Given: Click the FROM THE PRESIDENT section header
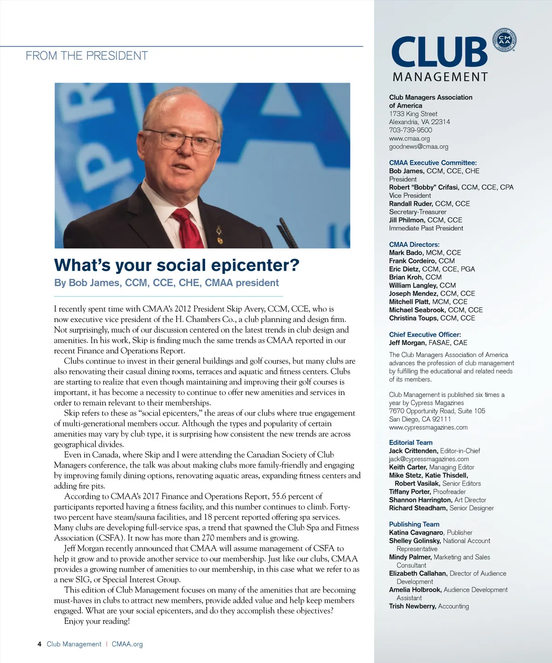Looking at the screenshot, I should coord(86,56).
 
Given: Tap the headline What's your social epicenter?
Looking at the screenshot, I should coord(177,265).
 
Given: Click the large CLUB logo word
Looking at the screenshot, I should coord(439,52).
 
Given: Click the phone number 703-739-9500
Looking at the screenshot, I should coord(410,130).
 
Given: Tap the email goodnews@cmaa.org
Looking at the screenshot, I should coord(418,147).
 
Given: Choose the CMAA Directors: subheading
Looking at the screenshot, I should coord(414,244).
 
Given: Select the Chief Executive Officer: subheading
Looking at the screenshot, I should coord(425,334).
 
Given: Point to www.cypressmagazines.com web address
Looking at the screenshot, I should coord(428,427).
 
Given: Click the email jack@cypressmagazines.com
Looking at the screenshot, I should coord(429,459).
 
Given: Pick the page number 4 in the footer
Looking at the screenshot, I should coord(40,644).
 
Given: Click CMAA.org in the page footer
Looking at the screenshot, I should coord(127,644).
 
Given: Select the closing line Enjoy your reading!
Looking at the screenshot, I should coord(97,621).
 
